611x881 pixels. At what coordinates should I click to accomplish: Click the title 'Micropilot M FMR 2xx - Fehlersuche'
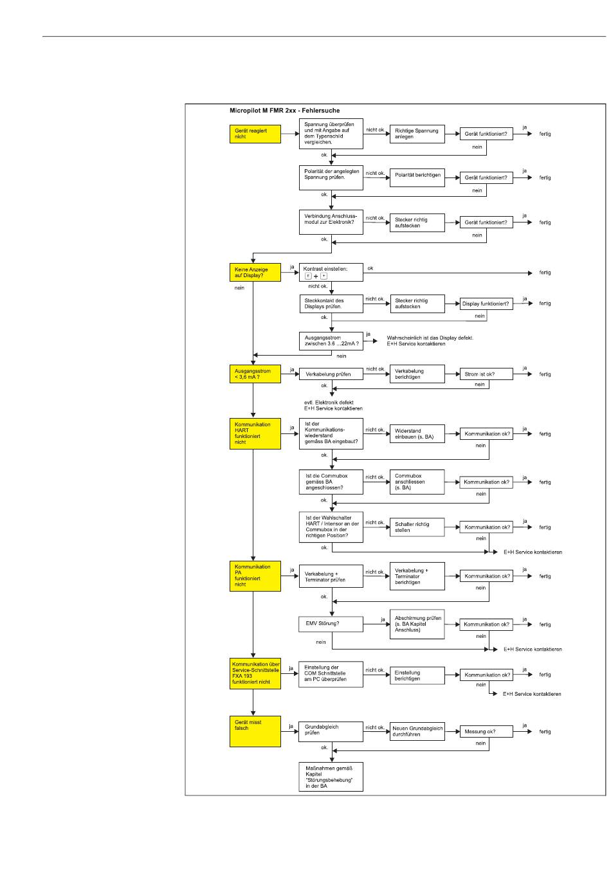click(x=284, y=111)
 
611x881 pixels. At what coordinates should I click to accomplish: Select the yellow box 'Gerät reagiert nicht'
click(x=255, y=134)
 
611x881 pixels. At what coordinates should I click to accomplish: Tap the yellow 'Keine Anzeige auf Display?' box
click(x=255, y=272)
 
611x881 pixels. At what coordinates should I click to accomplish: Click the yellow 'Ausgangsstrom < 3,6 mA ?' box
click(x=255, y=374)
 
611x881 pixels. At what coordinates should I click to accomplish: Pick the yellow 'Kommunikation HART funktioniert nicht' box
click(x=255, y=433)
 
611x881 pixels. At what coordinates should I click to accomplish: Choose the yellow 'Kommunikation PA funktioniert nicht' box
click(x=255, y=576)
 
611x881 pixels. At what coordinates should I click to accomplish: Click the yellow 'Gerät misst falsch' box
click(x=255, y=731)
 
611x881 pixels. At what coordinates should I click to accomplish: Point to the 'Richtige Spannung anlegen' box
click(x=417, y=134)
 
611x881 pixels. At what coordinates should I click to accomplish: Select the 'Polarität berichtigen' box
click(x=417, y=177)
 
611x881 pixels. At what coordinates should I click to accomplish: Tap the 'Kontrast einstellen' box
click(x=331, y=272)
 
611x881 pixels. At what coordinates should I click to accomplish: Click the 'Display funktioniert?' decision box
click(x=486, y=304)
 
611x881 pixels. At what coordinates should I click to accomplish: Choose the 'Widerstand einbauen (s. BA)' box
click(x=417, y=434)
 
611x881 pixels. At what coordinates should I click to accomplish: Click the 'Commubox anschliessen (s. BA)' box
click(x=417, y=482)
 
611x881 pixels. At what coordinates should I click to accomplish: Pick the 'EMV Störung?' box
click(x=331, y=623)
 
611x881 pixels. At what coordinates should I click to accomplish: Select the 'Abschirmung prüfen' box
click(x=417, y=624)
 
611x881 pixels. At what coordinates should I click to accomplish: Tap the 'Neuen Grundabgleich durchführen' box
click(x=417, y=731)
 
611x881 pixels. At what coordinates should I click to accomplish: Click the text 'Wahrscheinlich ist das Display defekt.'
click(x=430, y=338)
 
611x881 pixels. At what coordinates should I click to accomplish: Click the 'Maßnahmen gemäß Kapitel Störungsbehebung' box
click(x=331, y=777)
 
